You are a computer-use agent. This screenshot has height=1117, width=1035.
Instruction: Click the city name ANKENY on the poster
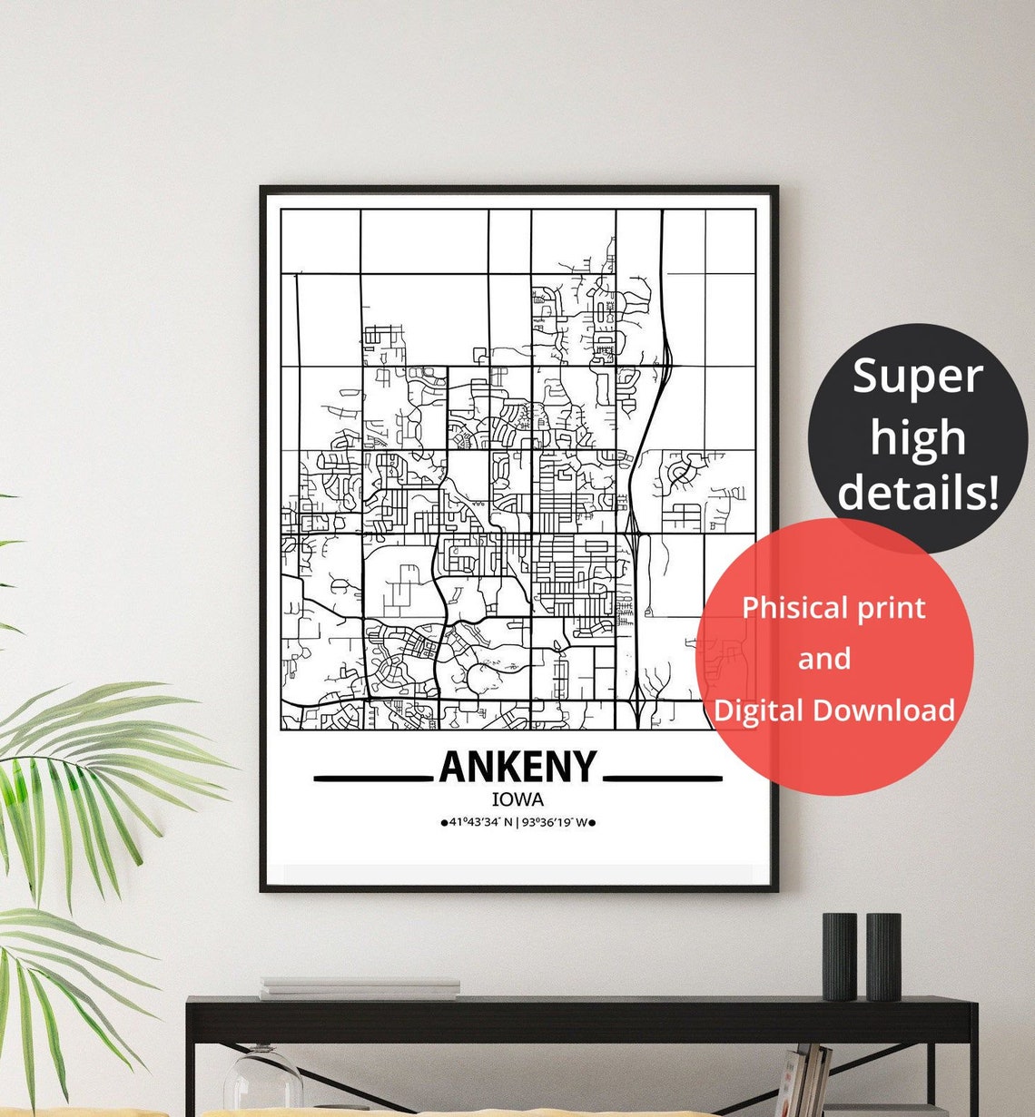coord(517,767)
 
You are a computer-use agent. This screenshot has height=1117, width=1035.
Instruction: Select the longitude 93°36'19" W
coord(554,823)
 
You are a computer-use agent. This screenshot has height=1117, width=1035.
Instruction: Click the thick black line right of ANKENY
coord(663,778)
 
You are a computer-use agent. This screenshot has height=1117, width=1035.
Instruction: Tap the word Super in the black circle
coord(917,376)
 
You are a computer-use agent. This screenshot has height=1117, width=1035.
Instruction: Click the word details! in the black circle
coord(918,492)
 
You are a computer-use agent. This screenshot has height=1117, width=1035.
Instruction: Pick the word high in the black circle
coord(917,437)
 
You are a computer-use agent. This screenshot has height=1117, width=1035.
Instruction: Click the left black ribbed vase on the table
coord(839,955)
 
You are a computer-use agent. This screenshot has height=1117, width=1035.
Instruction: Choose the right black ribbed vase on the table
coord(882,955)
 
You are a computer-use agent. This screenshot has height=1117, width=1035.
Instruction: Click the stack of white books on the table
coord(360,988)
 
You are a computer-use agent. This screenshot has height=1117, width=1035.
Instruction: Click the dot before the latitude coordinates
coord(443,824)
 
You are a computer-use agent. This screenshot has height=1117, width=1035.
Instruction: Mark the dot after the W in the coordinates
coord(592,824)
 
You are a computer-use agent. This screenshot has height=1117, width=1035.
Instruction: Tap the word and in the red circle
coord(824,659)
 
